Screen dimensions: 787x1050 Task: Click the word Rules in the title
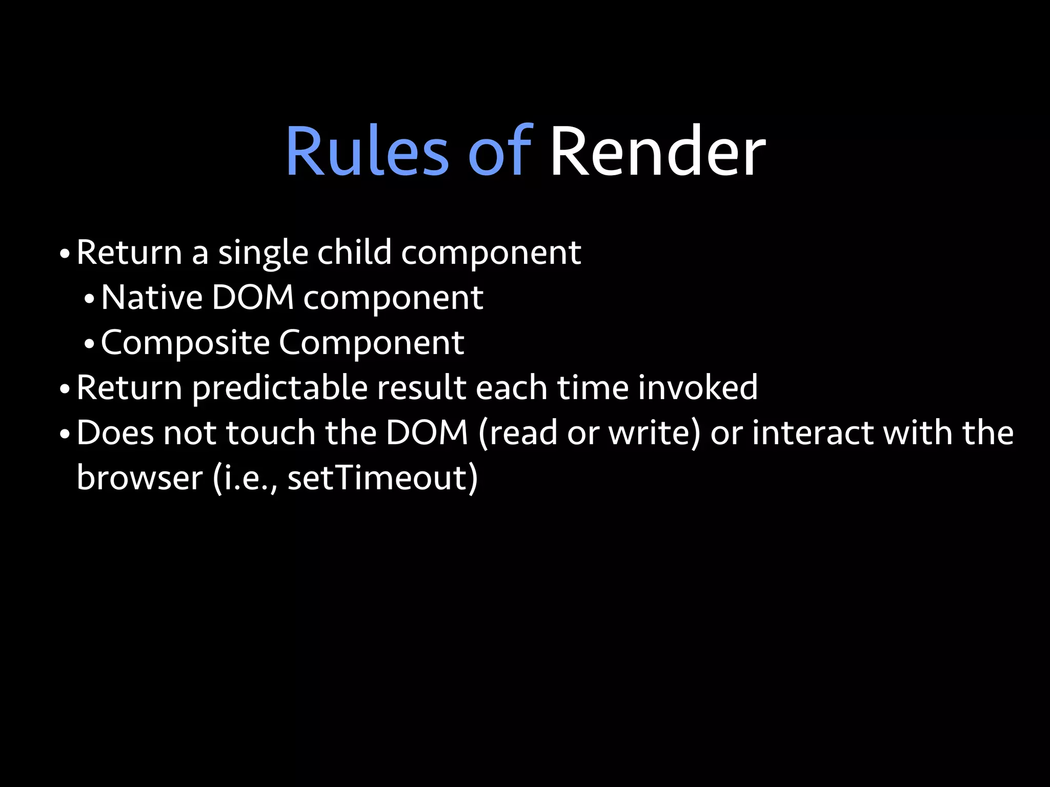pyautogui.click(x=367, y=152)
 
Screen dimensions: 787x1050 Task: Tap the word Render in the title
pyautogui.click(x=657, y=152)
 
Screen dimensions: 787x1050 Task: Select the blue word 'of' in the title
pyautogui.click(x=500, y=152)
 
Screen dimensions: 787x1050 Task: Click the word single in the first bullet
pyautogui.click(x=263, y=253)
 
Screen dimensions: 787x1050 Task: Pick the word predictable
pyautogui.click(x=280, y=388)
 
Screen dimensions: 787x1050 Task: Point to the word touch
pyautogui.click(x=271, y=433)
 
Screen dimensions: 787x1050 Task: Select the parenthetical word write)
pyautogui.click(x=654, y=433)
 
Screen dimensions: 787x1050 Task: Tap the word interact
pyautogui.click(x=813, y=433)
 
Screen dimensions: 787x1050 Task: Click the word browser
pyautogui.click(x=139, y=478)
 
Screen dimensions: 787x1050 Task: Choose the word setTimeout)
pyautogui.click(x=382, y=478)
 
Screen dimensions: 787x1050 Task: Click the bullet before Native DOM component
pyautogui.click(x=89, y=300)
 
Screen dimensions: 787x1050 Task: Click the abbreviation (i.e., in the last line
pyautogui.click(x=245, y=478)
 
